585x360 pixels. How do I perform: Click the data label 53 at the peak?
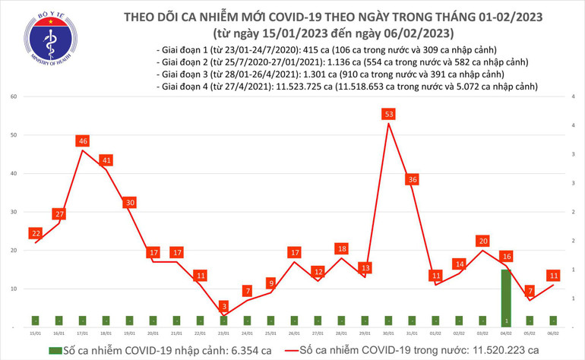tap(389, 115)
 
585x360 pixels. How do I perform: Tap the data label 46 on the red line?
tap(83, 141)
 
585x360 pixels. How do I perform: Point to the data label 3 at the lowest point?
tap(224, 305)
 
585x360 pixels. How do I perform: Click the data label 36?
tap(413, 179)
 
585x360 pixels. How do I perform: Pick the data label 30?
tap(130, 203)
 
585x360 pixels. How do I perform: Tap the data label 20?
tap(483, 241)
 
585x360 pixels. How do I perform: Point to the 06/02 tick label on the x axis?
tap(553, 333)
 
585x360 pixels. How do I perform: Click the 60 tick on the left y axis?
tap(14, 96)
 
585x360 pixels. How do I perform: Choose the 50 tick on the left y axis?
tap(14, 135)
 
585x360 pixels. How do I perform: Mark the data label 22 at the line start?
tap(36, 233)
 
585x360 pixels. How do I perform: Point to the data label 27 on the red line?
tap(59, 214)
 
